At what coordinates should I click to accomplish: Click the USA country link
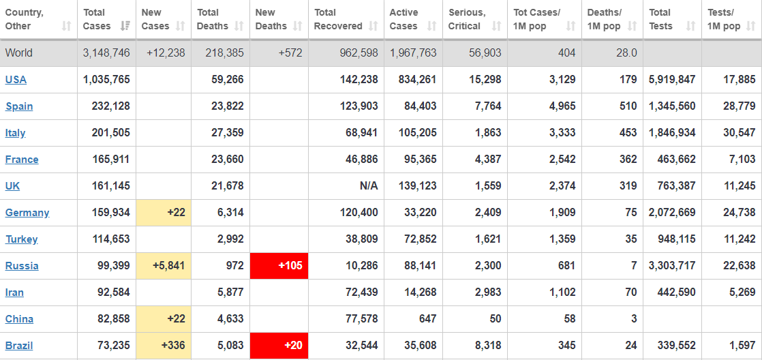pos(16,80)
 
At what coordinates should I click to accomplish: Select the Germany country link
pos(27,213)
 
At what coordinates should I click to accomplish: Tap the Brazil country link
pos(19,346)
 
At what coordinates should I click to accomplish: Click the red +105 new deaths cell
pos(279,266)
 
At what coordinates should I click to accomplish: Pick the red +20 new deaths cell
pos(279,346)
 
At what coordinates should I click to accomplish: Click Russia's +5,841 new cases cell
pos(164,266)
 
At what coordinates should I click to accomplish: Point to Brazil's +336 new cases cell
pos(164,346)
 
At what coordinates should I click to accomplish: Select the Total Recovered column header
pos(339,20)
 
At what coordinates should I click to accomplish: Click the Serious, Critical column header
pos(467,20)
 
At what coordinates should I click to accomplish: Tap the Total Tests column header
pos(661,20)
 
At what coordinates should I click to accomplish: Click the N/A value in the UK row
pos(369,186)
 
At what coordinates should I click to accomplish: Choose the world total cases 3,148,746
pos(106,53)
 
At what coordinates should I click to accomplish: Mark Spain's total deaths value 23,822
pos(227,106)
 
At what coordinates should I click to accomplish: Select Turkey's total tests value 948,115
pos(672,239)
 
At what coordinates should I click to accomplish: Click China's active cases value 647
pos(427,319)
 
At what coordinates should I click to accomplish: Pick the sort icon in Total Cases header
pos(125,27)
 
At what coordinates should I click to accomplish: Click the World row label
pos(18,53)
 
